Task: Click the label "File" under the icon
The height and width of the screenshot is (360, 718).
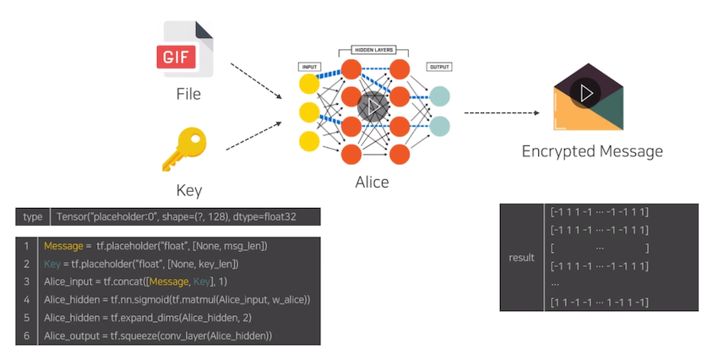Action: tap(188, 94)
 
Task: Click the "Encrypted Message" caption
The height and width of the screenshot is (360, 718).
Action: tap(592, 152)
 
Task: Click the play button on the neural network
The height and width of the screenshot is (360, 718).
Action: tap(373, 106)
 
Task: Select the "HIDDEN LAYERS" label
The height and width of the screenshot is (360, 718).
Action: tap(373, 51)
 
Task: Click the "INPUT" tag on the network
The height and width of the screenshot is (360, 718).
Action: tap(310, 66)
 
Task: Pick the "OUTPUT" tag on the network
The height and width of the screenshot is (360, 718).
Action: tap(439, 66)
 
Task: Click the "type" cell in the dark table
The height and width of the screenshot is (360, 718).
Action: tap(33, 217)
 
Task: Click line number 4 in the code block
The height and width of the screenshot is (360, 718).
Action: tap(27, 299)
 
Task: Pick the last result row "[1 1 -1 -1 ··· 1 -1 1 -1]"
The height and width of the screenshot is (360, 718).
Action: tap(599, 303)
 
